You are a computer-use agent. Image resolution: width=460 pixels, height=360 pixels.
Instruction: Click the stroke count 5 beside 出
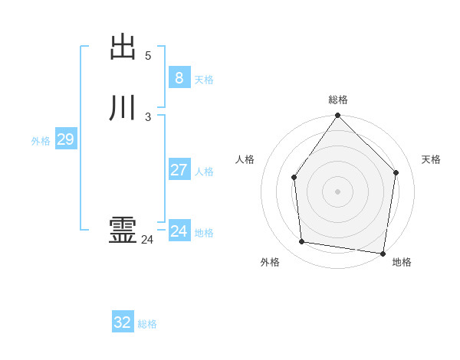pos(148,56)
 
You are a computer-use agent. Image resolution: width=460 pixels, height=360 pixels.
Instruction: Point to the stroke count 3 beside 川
pos(148,117)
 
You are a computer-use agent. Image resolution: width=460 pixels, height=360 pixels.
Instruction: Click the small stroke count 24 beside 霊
pos(147,240)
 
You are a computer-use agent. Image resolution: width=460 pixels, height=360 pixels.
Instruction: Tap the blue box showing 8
pos(179,78)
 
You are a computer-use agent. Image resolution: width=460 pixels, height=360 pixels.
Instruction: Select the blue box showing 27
pos(179,170)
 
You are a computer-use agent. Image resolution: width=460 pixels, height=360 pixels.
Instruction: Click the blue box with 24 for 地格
pos(179,231)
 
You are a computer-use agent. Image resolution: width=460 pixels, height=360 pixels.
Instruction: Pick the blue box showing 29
pos(65,139)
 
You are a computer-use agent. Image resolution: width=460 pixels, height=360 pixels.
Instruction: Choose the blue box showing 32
pos(123,322)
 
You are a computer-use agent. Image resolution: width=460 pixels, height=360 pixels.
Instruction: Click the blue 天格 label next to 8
pos(204,80)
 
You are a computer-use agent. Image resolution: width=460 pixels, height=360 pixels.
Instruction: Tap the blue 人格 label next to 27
pos(204,172)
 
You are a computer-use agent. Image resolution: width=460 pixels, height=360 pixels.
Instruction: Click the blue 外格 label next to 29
pos(41,141)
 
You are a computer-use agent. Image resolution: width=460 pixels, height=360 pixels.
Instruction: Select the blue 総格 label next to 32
pos(147,324)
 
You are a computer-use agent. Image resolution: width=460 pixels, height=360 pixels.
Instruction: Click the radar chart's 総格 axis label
pos(338,100)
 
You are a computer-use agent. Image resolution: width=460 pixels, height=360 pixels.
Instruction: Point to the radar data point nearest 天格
pos(396,172)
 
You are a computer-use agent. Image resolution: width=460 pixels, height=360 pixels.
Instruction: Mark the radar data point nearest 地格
pos(383,253)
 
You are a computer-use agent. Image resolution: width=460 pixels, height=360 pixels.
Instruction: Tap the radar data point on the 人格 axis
pos(294,178)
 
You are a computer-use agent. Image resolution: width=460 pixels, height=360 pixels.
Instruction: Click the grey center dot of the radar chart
pos(337,191)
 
